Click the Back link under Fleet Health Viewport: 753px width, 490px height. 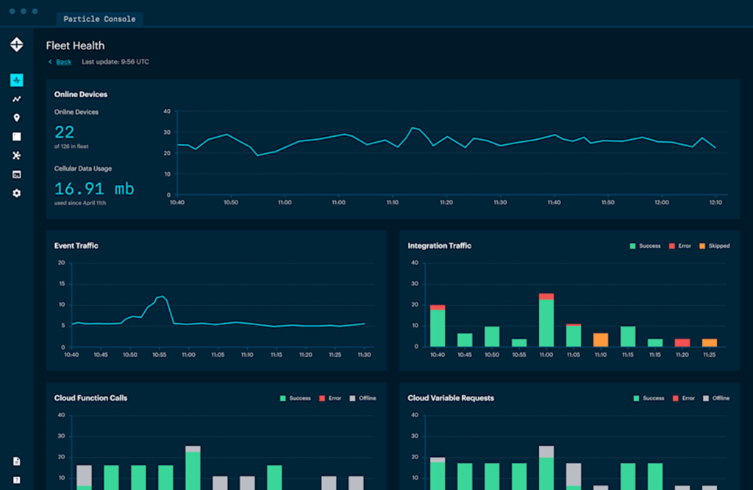click(x=63, y=62)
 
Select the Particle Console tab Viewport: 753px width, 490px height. click(x=99, y=18)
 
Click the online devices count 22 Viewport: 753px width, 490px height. click(x=65, y=132)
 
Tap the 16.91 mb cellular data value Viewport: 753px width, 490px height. click(x=94, y=188)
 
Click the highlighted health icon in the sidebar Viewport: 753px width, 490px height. click(x=17, y=79)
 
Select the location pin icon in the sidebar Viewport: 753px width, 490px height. click(x=17, y=118)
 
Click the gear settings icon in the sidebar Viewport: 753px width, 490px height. click(x=17, y=193)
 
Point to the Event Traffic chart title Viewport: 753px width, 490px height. click(x=76, y=246)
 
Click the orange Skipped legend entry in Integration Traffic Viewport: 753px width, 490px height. click(x=714, y=246)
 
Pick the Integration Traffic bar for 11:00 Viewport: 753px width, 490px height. click(x=546, y=322)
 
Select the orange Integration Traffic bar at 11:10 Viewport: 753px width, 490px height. click(x=600, y=339)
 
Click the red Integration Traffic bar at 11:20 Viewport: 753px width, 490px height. click(x=682, y=342)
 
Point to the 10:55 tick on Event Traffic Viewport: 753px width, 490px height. click(x=160, y=355)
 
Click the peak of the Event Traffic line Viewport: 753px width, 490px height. click(x=161, y=296)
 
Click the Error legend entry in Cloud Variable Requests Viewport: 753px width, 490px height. click(x=683, y=398)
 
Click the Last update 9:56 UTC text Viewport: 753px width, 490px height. click(x=115, y=62)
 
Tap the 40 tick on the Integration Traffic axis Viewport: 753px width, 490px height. click(x=415, y=263)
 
